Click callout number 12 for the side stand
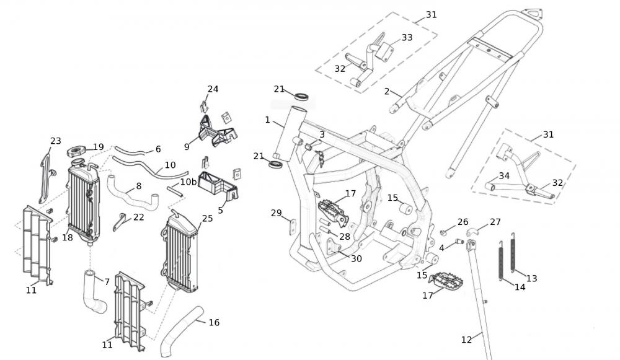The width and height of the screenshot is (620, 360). coord(467,340)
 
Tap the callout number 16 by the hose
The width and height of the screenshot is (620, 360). coord(214,323)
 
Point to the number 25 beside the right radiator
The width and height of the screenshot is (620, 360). coord(207,219)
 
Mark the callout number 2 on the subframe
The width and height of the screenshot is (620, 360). coord(387,92)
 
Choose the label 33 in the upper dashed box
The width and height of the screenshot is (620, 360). coord(407,38)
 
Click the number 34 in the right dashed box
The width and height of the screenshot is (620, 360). coord(505,176)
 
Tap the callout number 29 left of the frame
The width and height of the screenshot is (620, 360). coord(277,213)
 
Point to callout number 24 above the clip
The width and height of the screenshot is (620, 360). coord(213,89)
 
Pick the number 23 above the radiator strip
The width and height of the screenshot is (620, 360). coord(56,141)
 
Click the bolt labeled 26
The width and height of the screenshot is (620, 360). coord(445,232)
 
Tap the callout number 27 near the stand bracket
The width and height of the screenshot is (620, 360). coord(495,222)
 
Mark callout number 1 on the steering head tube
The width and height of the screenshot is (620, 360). coord(268,120)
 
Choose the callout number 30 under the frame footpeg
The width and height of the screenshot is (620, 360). coord(356,259)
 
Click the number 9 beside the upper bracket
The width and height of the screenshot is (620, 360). coord(187,147)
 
